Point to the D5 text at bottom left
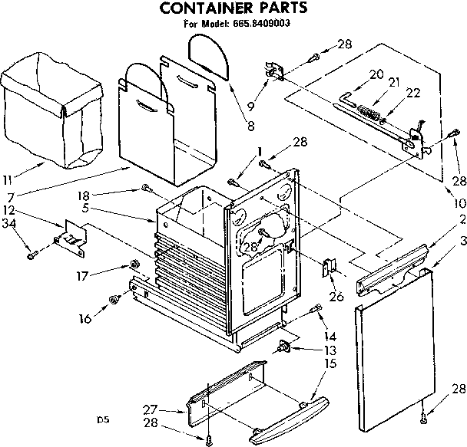click(103, 419)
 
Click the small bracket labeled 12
click(71, 233)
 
